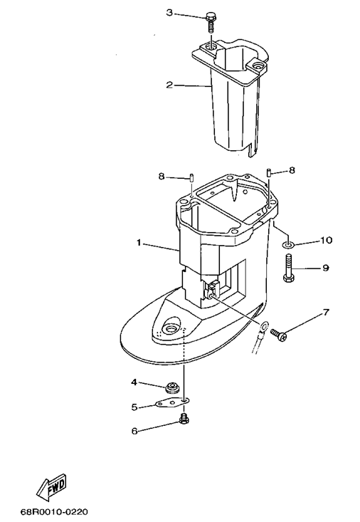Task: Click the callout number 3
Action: coord(169,13)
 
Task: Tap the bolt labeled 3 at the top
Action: coord(210,21)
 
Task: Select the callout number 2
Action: coord(169,85)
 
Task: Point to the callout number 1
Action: coord(139,243)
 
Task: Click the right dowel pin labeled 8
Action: coord(268,173)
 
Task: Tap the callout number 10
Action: coord(326,240)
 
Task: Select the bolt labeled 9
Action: coord(288,268)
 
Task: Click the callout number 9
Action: coord(325,268)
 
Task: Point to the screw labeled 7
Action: coord(278,334)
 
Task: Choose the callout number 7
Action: coord(326,313)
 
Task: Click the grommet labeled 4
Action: coord(172,387)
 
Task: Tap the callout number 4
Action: coord(134,382)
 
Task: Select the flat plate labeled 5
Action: coord(173,402)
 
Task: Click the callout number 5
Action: coord(134,407)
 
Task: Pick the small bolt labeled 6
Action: coord(184,418)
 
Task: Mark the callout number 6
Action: coord(134,431)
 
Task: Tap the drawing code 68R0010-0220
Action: coord(55,511)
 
